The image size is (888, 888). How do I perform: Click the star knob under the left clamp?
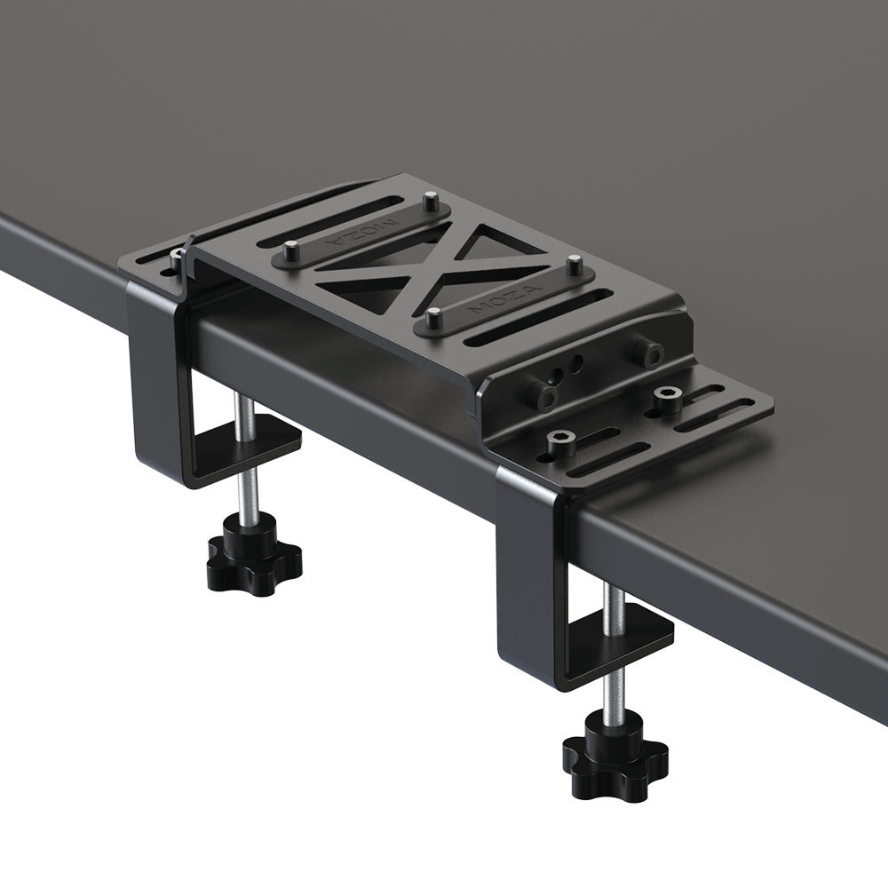254,557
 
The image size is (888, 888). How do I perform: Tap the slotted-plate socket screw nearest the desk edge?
561,440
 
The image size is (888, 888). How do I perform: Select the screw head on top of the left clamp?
177,257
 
